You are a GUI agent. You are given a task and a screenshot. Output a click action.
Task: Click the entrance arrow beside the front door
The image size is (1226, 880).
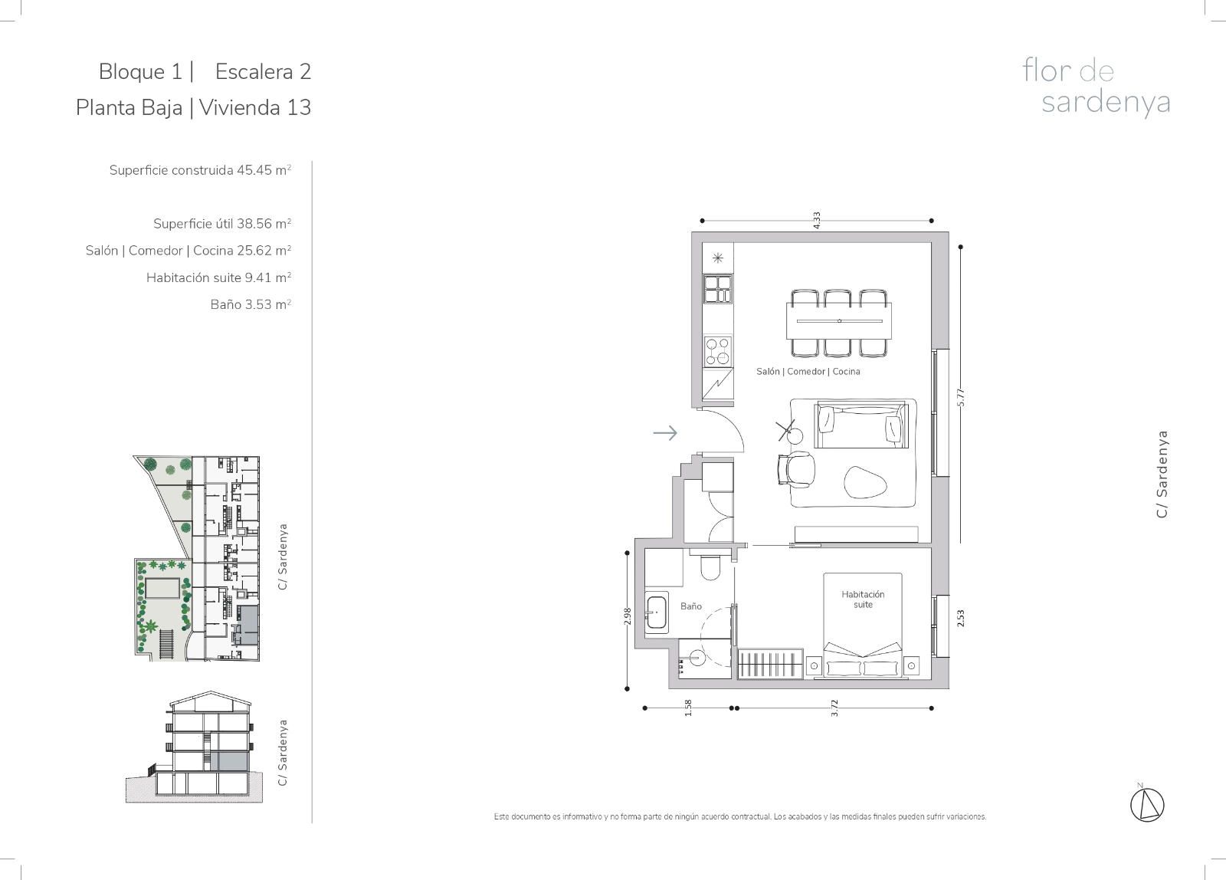[665, 433]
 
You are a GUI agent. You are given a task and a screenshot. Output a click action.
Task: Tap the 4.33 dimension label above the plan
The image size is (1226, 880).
[817, 220]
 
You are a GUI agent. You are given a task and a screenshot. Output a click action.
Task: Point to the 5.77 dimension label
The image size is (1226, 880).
[961, 397]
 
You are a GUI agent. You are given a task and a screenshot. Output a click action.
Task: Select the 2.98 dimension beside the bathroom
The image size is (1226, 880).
[628, 616]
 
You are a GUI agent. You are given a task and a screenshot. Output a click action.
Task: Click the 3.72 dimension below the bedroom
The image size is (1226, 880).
[834, 708]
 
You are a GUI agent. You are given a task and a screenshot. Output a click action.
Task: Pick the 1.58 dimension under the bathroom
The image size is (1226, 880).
[688, 708]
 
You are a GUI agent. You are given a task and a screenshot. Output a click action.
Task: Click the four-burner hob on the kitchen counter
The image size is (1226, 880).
[717, 351]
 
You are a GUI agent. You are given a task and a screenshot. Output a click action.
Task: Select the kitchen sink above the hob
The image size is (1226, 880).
[717, 289]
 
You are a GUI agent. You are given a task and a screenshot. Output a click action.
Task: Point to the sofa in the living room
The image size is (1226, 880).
[861, 425]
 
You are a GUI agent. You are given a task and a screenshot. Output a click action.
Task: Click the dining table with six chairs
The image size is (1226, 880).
[839, 323]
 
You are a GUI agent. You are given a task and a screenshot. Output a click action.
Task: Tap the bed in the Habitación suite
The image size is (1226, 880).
[863, 625]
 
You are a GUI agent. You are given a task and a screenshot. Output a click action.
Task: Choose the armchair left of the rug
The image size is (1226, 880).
[796, 469]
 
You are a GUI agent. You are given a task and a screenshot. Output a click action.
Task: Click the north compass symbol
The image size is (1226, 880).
[1147, 804]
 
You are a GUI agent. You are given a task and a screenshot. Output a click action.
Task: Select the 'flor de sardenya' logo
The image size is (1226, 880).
[1096, 87]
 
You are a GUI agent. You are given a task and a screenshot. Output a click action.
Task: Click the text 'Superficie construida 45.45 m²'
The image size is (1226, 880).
[200, 170]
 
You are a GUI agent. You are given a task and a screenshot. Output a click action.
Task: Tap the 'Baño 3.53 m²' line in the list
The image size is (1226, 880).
[251, 304]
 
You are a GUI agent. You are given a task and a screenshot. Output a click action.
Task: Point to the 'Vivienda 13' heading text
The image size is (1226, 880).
[255, 107]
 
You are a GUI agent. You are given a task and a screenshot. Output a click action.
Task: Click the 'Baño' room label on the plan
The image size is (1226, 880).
[690, 606]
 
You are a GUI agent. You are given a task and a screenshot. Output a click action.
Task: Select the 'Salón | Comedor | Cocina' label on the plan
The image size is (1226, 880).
[808, 371]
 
